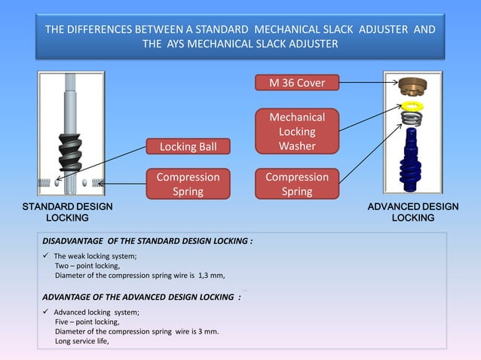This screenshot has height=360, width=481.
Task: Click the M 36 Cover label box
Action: click(x=297, y=83)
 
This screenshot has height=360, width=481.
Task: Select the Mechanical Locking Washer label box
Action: click(x=297, y=132)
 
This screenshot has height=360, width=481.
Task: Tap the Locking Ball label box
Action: click(x=188, y=146)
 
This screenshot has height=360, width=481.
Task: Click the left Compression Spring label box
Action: click(x=188, y=184)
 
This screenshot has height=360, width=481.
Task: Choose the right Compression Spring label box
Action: click(x=297, y=184)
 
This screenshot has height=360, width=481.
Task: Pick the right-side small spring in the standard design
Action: click(x=97, y=182)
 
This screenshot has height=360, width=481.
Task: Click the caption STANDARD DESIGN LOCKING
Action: click(x=67, y=212)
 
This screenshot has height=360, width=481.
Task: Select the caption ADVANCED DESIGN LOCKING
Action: click(x=412, y=212)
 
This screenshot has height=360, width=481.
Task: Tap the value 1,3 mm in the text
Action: click(x=211, y=275)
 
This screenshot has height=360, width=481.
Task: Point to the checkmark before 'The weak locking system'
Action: click(x=46, y=256)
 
